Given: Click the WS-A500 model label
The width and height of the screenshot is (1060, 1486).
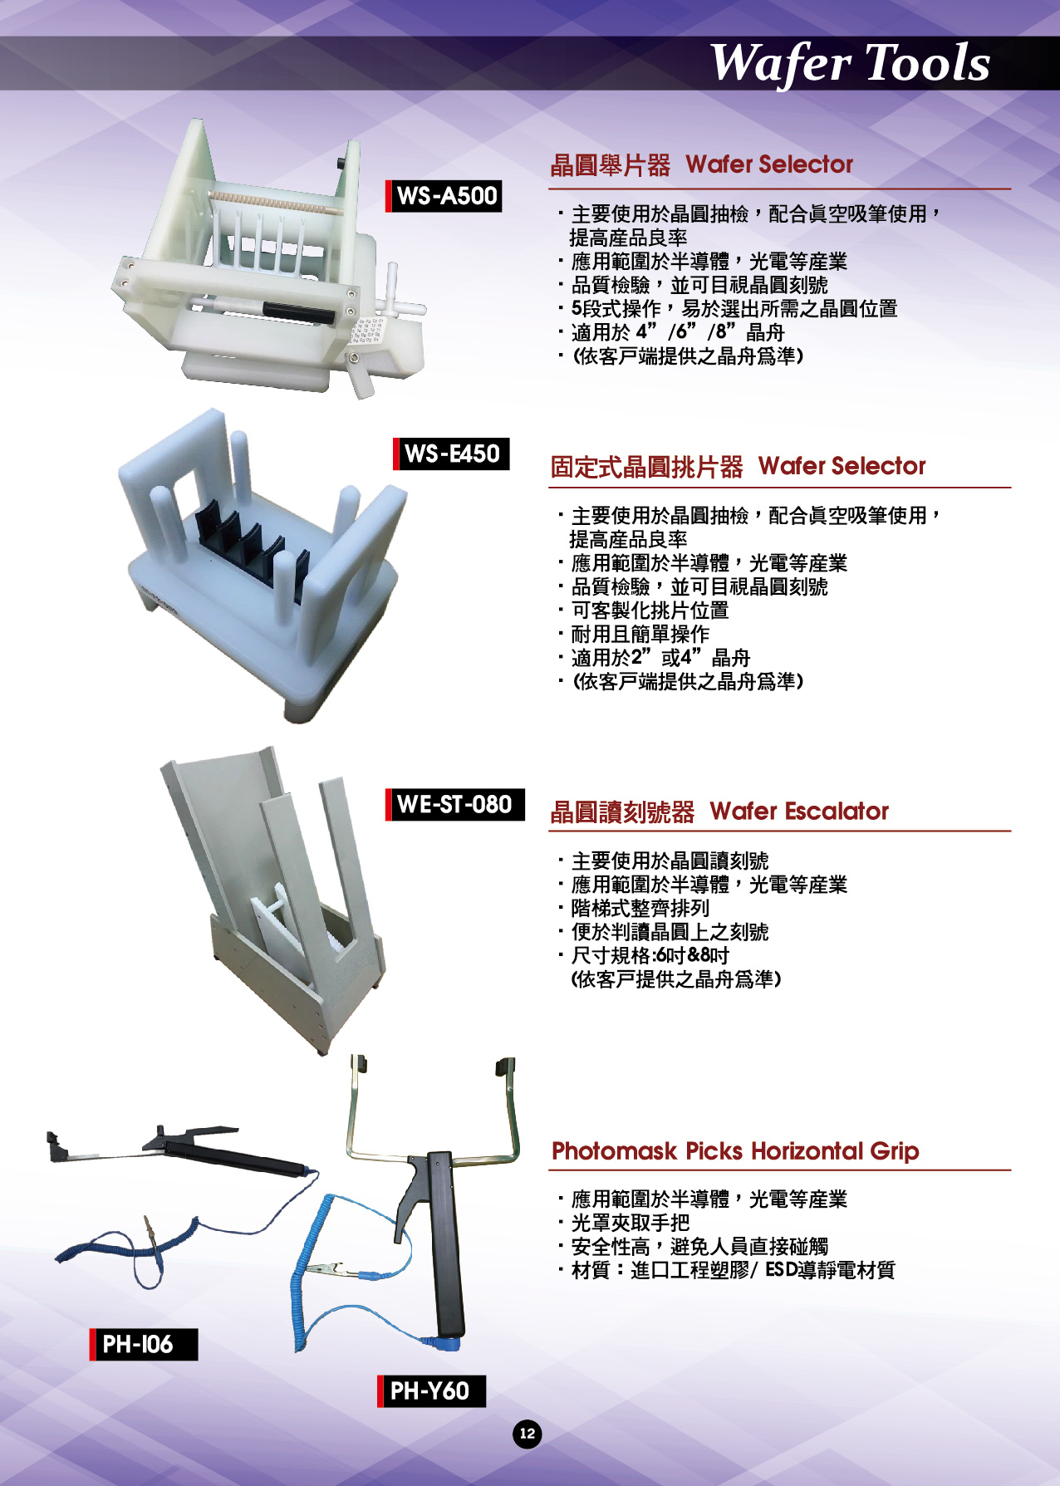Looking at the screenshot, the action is tap(444, 196).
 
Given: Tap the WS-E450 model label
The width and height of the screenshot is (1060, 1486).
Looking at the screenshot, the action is tap(451, 454).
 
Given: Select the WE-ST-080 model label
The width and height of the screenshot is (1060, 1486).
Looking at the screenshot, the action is tap(455, 804).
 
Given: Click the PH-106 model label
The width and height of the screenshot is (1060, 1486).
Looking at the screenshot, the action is tap(144, 1344).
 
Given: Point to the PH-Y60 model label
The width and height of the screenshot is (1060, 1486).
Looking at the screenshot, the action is tap(431, 1390).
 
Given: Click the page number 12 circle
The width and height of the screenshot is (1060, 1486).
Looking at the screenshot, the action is tap(527, 1433).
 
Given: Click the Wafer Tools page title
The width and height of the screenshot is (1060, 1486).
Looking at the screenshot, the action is tap(849, 63).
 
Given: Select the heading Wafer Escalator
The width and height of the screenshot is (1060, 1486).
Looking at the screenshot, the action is tap(799, 811).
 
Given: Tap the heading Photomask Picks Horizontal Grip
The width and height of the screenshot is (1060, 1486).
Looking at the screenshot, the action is tap(735, 1151).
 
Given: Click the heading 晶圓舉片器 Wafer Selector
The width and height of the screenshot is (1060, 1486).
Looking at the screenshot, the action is tap(702, 164).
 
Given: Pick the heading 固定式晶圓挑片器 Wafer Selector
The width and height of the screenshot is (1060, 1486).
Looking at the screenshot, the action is tap(738, 466).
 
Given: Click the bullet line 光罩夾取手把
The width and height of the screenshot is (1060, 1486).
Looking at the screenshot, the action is tap(625, 1223).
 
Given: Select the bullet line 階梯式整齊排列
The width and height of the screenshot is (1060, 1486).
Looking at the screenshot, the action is tap(635, 908).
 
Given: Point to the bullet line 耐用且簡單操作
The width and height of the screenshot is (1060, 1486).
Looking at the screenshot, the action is tap(635, 634).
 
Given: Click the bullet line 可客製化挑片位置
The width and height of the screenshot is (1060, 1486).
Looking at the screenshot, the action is tap(645, 611).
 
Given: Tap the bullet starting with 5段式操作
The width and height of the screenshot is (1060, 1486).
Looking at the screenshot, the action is tap(729, 309).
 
